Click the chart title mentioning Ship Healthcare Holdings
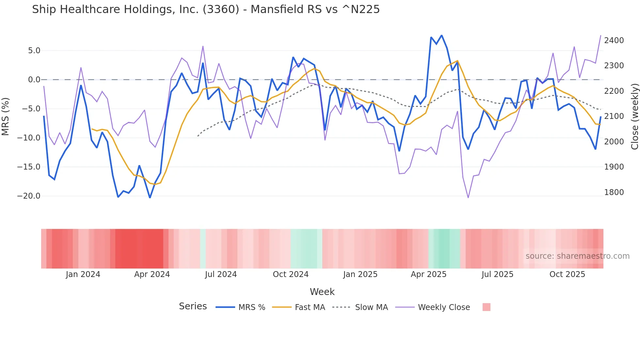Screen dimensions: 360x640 pos(206,9)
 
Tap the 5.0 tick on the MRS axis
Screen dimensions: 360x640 pos(34,51)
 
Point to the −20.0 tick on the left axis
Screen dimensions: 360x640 pos(29,196)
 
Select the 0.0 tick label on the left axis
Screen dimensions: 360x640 pos(34,80)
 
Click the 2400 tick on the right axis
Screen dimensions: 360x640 pos(614,41)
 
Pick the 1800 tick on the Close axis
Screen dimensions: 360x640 pos(614,192)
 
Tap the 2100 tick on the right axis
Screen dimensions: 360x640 pos(614,116)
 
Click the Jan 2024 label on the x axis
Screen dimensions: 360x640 pos(83,274)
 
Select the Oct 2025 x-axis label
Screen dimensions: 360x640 pos(567,274)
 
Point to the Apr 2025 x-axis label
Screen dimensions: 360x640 pos(428,274)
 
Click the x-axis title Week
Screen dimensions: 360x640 pos(322,292)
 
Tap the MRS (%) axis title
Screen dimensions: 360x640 pos(6,116)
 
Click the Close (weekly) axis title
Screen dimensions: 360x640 pos(634,116)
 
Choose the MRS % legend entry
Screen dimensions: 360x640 pos(251,307)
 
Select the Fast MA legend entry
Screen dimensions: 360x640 pos(310,307)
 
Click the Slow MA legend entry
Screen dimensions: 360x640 pos(371,307)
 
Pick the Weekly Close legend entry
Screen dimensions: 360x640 pos(444,307)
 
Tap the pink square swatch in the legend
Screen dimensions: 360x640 pos(486,307)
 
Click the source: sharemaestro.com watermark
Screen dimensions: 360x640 pos(577,256)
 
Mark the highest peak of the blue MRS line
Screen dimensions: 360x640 pos(441,35)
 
